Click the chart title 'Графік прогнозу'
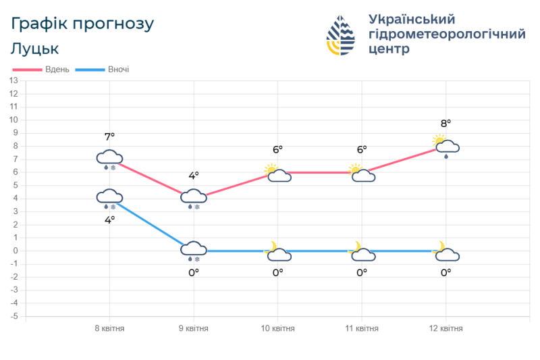pos(83,24)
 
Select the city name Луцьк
pos(35,49)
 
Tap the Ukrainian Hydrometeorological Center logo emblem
pos(341,35)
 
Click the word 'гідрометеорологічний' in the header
pos(447,34)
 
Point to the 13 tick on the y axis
pos(13,80)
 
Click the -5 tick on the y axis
pos(13,317)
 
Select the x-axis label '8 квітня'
pos(109,329)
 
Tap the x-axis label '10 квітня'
pos(277,329)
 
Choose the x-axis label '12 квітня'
pos(446,329)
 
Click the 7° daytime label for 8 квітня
pos(109,137)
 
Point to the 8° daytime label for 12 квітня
pos(446,124)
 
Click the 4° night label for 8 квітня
pos(109,220)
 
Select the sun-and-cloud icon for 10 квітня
pos(277,174)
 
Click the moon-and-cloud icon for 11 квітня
pos(361,252)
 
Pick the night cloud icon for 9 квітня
pos(194,251)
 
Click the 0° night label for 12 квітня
pos(446,272)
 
